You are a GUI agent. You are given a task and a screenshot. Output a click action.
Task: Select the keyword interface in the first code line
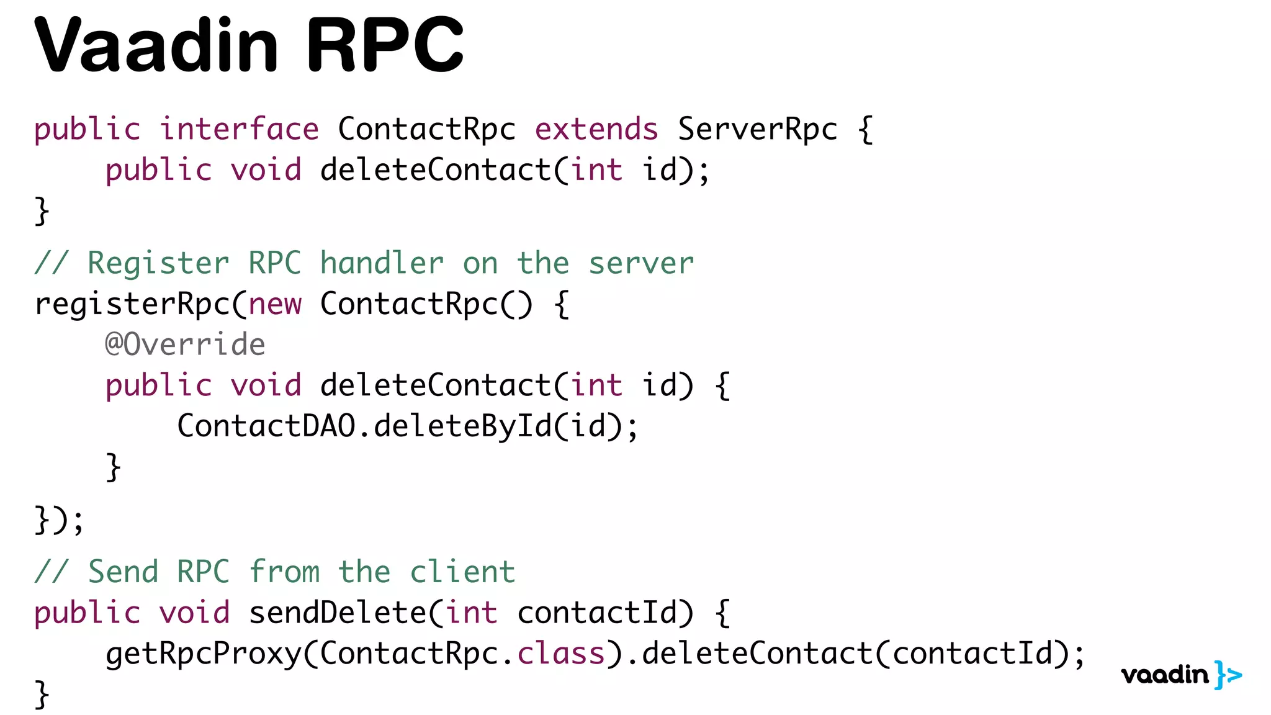click(240, 129)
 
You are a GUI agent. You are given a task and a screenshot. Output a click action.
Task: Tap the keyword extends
click(596, 129)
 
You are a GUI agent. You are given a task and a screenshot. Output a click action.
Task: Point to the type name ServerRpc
click(757, 129)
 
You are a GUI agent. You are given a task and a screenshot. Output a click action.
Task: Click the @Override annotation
click(185, 344)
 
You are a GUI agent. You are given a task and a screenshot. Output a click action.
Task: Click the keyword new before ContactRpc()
click(275, 304)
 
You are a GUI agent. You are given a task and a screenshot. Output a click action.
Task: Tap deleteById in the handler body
click(462, 426)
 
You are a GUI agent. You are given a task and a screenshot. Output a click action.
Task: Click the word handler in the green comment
click(382, 263)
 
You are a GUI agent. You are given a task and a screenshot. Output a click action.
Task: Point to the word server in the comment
click(641, 263)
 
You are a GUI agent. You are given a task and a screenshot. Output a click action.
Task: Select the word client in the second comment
click(462, 572)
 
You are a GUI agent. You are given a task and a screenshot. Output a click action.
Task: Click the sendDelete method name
click(337, 613)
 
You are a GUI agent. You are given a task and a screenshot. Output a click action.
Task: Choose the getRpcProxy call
click(203, 654)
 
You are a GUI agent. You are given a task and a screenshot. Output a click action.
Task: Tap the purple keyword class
click(561, 654)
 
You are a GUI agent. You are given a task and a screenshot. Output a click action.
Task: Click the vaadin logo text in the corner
click(1165, 675)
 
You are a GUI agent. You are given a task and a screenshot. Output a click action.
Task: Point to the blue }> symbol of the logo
click(1228, 675)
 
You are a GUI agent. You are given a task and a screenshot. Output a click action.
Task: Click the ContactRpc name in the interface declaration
click(426, 129)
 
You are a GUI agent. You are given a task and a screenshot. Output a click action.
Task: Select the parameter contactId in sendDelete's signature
click(596, 613)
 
